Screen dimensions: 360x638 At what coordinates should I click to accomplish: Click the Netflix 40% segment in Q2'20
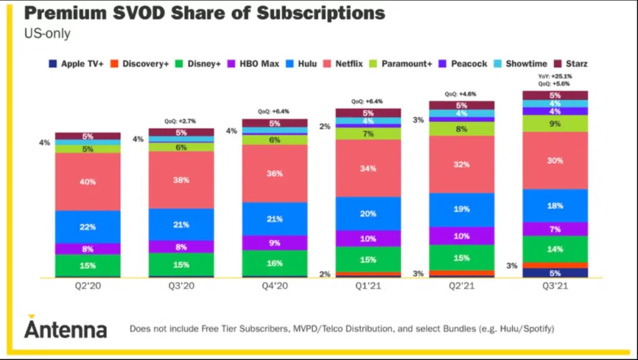click(x=88, y=181)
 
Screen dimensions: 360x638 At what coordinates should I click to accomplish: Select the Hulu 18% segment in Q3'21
click(x=555, y=206)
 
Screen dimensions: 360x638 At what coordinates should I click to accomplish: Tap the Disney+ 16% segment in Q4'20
click(x=275, y=263)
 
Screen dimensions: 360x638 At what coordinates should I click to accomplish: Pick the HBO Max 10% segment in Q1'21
click(x=368, y=239)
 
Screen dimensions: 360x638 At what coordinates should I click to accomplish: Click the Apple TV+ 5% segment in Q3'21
click(x=555, y=273)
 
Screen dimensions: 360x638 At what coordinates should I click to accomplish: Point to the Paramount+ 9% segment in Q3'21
click(x=555, y=123)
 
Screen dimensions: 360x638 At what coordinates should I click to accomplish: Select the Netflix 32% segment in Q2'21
click(x=462, y=164)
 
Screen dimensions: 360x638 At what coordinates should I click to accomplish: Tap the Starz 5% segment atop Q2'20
click(x=88, y=136)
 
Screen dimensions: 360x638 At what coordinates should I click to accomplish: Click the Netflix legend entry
click(x=343, y=64)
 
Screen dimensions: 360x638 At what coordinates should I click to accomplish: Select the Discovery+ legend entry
click(x=142, y=64)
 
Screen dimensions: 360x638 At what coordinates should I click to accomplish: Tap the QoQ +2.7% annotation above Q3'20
click(x=181, y=121)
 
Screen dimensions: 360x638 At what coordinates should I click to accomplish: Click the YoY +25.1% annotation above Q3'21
click(x=555, y=77)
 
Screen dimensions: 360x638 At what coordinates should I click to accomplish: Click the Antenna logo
click(x=65, y=328)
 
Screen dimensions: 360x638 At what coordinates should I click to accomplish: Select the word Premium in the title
click(x=74, y=13)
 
